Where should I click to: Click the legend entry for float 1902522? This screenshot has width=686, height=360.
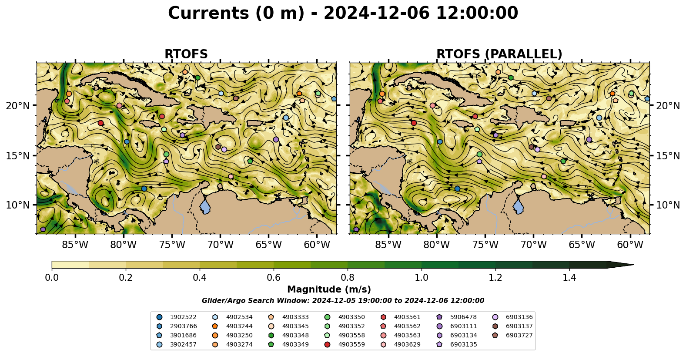coord(177,317)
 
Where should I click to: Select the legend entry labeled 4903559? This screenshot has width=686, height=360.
coord(345,345)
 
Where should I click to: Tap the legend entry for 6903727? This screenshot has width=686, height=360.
coord(512,336)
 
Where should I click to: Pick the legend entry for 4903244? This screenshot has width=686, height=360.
coord(232,326)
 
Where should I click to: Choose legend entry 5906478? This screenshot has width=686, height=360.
coord(457,317)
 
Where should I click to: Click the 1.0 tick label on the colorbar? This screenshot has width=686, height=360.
coord(422,278)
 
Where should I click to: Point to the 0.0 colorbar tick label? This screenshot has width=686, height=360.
coord(52,278)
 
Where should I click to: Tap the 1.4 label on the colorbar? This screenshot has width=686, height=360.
coord(569,278)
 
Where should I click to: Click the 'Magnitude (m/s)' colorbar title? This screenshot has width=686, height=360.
coord(329,289)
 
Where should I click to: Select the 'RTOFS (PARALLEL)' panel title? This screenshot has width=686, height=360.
coord(499,54)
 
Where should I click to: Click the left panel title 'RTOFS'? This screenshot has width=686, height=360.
coord(186,54)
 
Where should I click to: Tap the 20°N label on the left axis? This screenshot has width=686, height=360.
coord(18,106)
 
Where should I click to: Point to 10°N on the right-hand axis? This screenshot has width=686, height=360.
coord(668,204)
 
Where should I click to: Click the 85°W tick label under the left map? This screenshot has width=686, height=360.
coord(75,245)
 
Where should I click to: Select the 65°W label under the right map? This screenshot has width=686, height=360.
coord(582,245)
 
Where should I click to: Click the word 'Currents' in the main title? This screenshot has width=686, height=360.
coord(209,13)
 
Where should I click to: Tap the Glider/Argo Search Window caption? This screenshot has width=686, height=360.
coord(343,300)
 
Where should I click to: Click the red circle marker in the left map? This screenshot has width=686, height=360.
coord(101,123)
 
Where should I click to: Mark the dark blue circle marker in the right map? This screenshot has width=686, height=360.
coord(457,188)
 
